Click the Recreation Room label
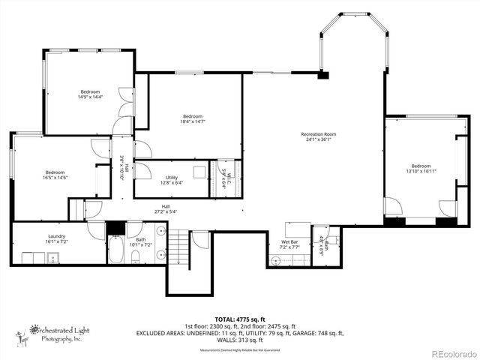(x=319, y=134)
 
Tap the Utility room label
(x=172, y=178)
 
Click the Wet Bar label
(x=290, y=241)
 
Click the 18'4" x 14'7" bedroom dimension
(x=192, y=121)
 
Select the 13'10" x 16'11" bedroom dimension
(x=421, y=171)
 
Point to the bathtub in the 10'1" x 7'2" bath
(x=115, y=250)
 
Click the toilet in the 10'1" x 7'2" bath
(x=136, y=257)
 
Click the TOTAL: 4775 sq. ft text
(x=239, y=319)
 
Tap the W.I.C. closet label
(x=224, y=180)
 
